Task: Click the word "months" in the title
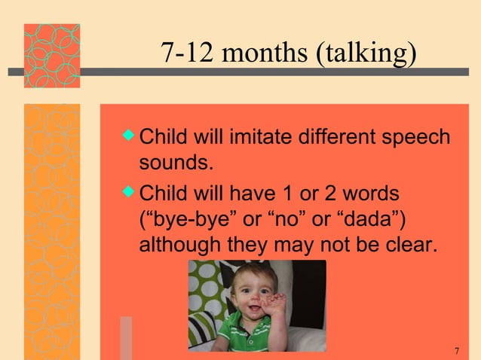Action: (x=274, y=53)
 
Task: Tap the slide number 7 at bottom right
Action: (x=457, y=351)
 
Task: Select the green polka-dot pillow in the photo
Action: (x=206, y=286)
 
